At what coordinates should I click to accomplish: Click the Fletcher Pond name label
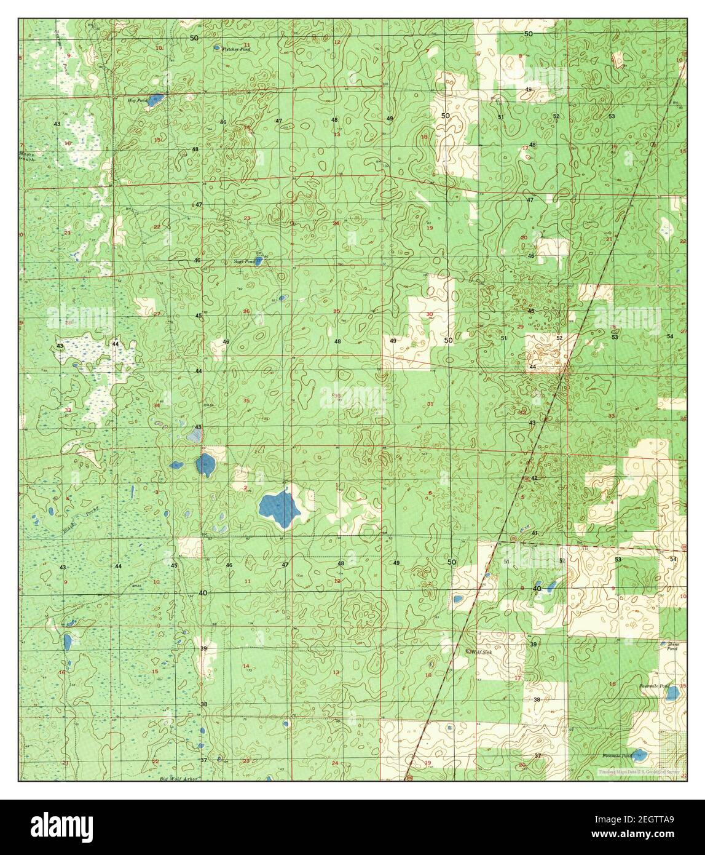[237, 49]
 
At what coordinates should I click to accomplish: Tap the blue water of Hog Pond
[156, 99]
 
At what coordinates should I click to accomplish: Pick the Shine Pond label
[672, 646]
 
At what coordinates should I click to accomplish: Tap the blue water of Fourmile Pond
[673, 693]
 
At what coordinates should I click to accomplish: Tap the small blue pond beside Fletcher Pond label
[217, 47]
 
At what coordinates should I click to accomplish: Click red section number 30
[429, 314]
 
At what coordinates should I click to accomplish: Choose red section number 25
[336, 311]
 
